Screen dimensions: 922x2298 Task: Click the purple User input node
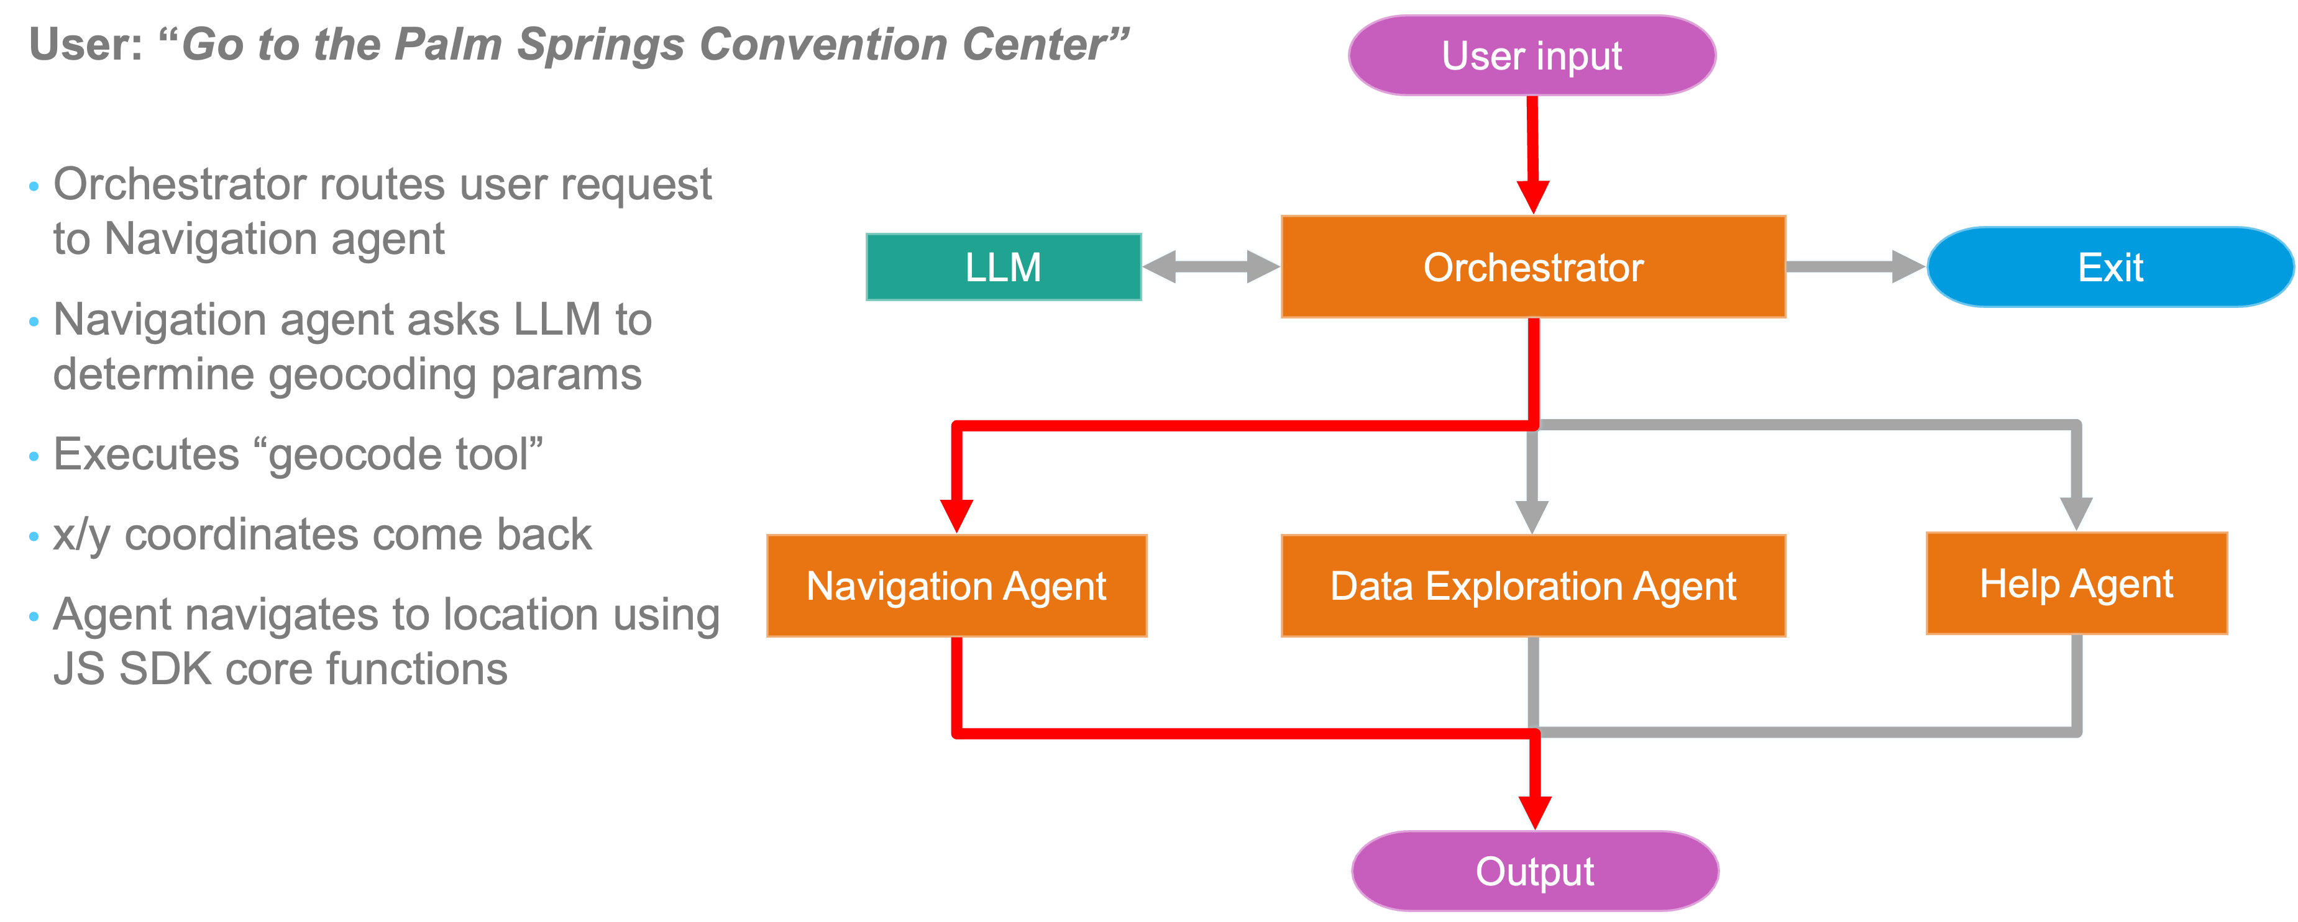1532,55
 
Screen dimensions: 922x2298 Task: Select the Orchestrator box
1532,266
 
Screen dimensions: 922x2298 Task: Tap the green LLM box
1003,266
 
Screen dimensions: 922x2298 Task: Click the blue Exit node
2110,266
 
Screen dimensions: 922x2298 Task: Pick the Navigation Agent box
956,586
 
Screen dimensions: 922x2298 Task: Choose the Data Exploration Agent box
1532,586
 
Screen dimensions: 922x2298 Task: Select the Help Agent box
2076,584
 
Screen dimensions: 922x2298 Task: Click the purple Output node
1534,871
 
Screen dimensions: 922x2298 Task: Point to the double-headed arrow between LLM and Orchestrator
1211,266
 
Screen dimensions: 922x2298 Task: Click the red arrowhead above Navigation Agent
956,513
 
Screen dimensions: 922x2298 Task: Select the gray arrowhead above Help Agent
2076,511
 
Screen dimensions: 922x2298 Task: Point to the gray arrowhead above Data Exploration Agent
1532,513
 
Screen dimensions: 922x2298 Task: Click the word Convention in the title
823,45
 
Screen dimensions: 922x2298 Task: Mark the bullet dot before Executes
34,456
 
